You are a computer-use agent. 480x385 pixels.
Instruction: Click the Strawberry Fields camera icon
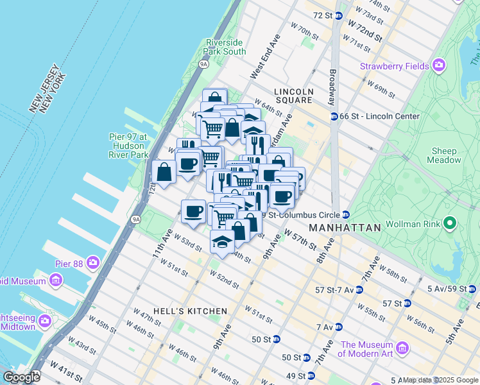pyautogui.click(x=439, y=66)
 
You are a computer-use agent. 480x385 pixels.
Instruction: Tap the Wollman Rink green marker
pyautogui.click(x=450, y=223)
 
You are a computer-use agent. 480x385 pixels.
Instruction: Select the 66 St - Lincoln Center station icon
pyautogui.click(x=334, y=116)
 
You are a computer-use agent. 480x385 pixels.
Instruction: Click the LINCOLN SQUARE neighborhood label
pyautogui.click(x=293, y=96)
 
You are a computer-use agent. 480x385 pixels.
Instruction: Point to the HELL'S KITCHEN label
pyautogui.click(x=191, y=311)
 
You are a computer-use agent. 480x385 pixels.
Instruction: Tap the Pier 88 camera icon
pyautogui.click(x=93, y=262)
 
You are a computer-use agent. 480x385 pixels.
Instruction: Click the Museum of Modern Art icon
pyautogui.click(x=402, y=348)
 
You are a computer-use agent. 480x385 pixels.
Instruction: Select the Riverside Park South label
pyautogui.click(x=225, y=47)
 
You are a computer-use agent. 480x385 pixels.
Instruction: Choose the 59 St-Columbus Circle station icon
pyautogui.click(x=345, y=214)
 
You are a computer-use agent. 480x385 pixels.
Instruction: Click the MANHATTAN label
pyautogui.click(x=345, y=228)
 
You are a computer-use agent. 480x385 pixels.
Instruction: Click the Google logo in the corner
pyautogui.click(x=21, y=377)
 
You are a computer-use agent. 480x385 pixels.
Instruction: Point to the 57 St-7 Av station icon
pyautogui.click(x=359, y=289)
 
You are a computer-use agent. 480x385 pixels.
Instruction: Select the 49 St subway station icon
pyautogui.click(x=311, y=375)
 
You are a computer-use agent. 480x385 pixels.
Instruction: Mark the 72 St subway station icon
pyautogui.click(x=338, y=15)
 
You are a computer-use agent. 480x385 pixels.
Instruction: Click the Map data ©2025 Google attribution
pyautogui.click(x=440, y=380)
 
